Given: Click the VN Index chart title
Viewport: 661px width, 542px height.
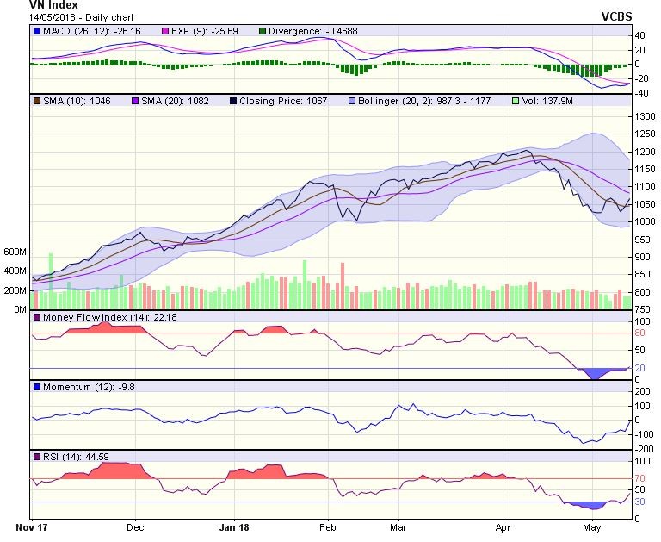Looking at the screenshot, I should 53,5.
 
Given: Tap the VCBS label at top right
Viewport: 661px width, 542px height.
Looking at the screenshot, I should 616,16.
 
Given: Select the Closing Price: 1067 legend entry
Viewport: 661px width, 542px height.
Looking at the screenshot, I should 277,102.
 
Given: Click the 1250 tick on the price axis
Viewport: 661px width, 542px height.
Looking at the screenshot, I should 644,134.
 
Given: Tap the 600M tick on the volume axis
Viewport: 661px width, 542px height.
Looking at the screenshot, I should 14,252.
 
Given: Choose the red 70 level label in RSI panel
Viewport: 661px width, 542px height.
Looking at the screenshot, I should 639,477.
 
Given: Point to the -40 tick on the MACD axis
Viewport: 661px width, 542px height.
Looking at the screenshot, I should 641,92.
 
